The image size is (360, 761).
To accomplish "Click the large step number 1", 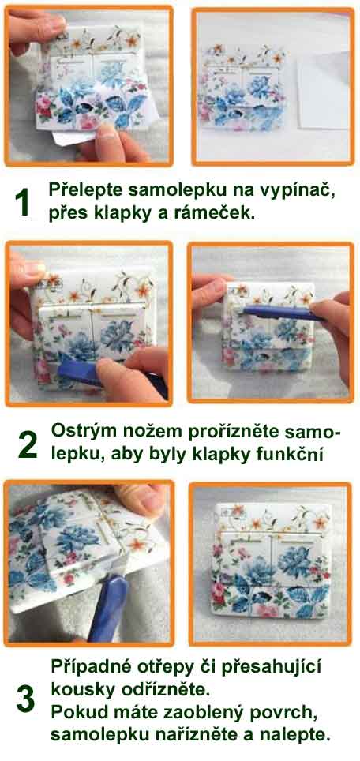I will tap(23, 203).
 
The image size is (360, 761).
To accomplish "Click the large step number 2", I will tap(27, 445).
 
